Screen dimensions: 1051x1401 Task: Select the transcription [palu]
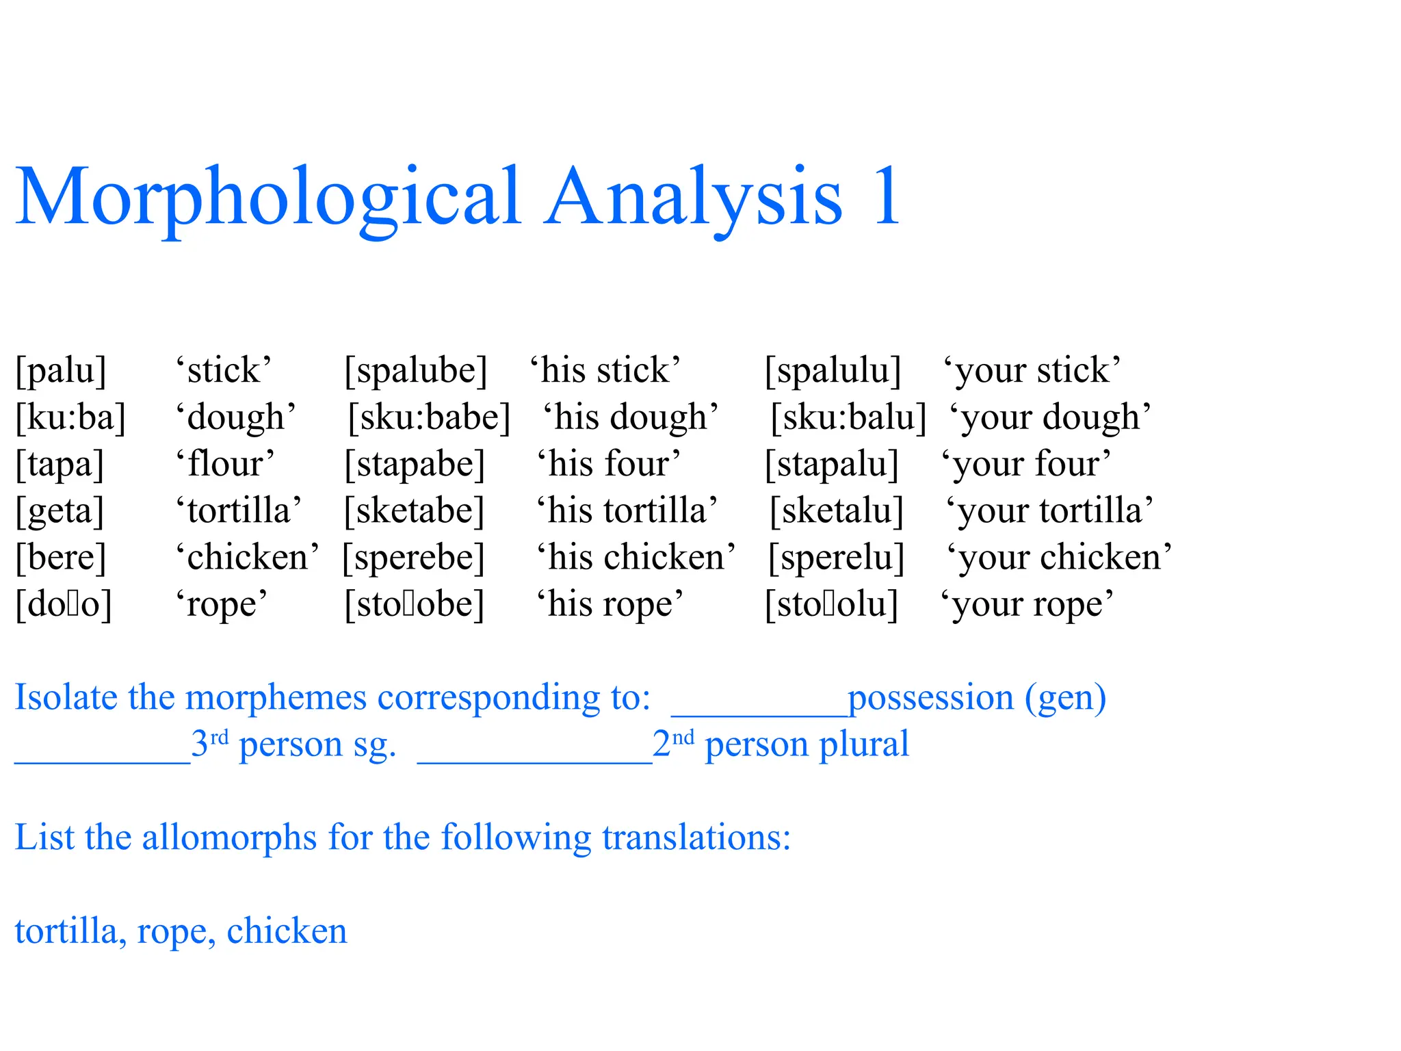pyautogui.click(x=62, y=371)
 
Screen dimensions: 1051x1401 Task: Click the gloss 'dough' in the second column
pyautogui.click(x=236, y=417)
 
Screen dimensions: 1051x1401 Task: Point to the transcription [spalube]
pyautogui.click(x=416, y=371)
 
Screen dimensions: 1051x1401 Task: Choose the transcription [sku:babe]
pyautogui.click(x=430, y=417)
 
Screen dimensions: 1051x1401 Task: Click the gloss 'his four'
pyautogui.click(x=609, y=464)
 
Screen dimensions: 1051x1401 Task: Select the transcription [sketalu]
pyautogui.click(x=837, y=511)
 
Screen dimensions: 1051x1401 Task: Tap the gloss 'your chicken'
pyautogui.click(x=1059, y=558)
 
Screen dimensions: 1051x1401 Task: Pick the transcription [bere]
pyautogui.click(x=62, y=558)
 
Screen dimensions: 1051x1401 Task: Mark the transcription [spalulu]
pyautogui.click(x=833, y=371)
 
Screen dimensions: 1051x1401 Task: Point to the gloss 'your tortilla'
pyautogui.click(x=1049, y=511)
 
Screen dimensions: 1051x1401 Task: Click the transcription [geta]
pyautogui.click(x=60, y=511)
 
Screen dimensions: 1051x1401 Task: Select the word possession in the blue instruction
pyautogui.click(x=930, y=698)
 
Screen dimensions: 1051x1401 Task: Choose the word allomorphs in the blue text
pyautogui.click(x=229, y=838)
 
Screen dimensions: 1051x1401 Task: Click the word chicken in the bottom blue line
pyautogui.click(x=287, y=931)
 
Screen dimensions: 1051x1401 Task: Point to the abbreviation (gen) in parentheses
pyautogui.click(x=1065, y=698)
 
